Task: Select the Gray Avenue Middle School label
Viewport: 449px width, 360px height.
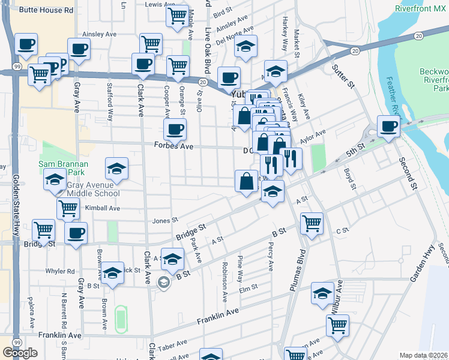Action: click(x=93, y=189)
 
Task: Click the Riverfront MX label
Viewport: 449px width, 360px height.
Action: click(x=421, y=9)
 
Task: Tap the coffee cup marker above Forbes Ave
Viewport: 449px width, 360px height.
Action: click(x=175, y=129)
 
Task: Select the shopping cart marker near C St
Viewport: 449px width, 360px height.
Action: click(x=312, y=223)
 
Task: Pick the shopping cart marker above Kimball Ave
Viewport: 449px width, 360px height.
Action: click(x=68, y=209)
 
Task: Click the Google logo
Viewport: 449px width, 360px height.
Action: click(x=20, y=353)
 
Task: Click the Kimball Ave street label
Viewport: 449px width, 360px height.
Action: click(x=103, y=208)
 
